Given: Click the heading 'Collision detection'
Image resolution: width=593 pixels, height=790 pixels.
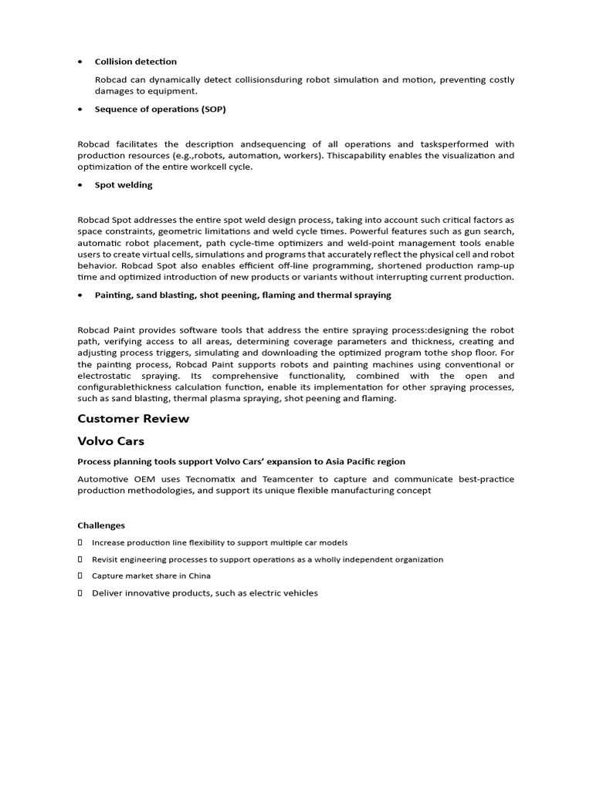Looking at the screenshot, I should pos(135,62).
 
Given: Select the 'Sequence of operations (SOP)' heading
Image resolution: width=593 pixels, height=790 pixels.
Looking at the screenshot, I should pos(160,110).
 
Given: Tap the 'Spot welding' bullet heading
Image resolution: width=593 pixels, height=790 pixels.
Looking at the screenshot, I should pos(124,185).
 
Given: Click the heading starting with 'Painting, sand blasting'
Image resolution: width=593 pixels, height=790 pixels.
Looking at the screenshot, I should pos(242,295).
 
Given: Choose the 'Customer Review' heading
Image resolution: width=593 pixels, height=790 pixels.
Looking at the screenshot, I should pos(133,419).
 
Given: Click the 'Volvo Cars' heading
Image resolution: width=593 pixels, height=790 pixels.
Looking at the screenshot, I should pos(110,442).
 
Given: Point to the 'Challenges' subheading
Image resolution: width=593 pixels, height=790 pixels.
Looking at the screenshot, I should pos(101,525).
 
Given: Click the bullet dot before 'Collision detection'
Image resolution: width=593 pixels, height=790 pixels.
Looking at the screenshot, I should pos(80,62).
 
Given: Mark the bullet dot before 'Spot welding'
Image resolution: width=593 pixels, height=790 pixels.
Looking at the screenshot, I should pos(80,185).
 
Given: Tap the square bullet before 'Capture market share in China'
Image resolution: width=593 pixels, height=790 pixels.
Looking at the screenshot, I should pos(80,576).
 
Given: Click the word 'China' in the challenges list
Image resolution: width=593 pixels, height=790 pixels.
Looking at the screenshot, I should pos(198,576).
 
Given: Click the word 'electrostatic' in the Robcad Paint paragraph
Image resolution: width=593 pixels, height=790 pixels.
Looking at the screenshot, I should pos(106,376).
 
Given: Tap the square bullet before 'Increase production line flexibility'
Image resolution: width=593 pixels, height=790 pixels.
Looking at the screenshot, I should pos(80,543).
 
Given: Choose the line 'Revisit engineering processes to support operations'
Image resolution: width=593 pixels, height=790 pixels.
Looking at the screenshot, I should pos(267,560).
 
